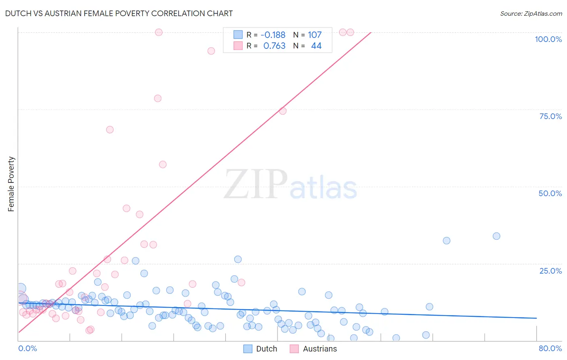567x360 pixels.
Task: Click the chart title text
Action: tap(119, 13)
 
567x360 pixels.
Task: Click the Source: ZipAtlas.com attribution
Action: tap(531, 13)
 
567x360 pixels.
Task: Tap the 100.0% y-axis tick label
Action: tap(548, 39)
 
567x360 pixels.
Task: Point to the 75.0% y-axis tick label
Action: tap(550, 116)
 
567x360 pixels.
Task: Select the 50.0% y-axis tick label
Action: tap(550, 193)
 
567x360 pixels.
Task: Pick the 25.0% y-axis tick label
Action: tap(550, 271)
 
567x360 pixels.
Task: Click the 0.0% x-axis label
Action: tap(27, 348)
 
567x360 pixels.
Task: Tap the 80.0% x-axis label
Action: tap(550, 348)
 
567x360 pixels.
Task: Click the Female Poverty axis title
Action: tap(11, 184)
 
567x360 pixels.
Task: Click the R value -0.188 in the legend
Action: tap(273, 35)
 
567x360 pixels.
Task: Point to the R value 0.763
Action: tap(274, 46)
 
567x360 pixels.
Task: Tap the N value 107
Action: tap(315, 35)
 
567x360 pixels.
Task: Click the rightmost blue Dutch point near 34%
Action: tap(496, 236)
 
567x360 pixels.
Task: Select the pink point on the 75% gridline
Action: tap(283, 111)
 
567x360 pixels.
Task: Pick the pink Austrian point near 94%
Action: tap(211, 51)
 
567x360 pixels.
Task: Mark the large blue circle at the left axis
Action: tap(21, 289)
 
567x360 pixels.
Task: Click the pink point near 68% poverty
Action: tap(110, 130)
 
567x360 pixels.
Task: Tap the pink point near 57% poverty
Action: tap(163, 164)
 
